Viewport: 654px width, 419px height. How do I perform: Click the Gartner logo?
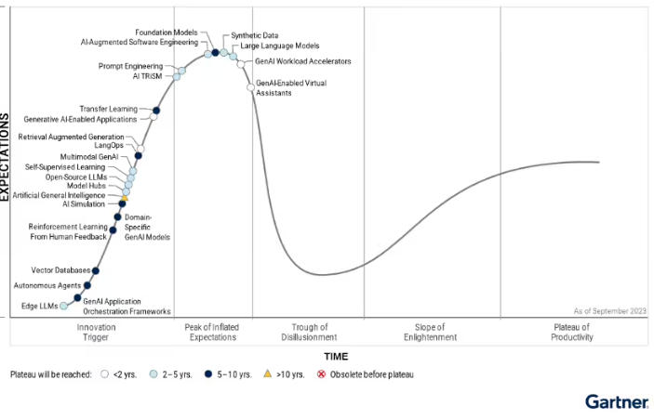[x=616, y=401]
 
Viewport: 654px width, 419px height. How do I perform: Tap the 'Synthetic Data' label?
[x=255, y=35]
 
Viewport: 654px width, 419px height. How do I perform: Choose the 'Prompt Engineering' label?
[x=130, y=66]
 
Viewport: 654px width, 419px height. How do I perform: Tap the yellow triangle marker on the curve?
[x=124, y=198]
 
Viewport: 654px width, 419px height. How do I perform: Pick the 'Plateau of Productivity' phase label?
[x=571, y=332]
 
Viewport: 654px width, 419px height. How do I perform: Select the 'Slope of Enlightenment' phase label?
[x=430, y=332]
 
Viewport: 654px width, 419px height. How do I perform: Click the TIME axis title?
[x=336, y=356]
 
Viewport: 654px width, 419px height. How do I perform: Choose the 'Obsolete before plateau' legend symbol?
[x=322, y=374]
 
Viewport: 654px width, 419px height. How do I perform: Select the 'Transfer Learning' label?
[x=109, y=109]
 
